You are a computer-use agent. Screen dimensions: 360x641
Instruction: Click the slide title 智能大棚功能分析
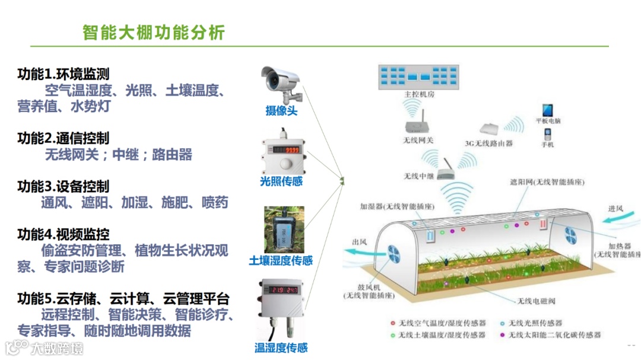154,32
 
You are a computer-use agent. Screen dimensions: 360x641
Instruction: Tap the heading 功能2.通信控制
64,139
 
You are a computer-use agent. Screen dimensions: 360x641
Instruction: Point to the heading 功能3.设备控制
64,187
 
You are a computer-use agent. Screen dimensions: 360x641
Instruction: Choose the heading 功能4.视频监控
64,234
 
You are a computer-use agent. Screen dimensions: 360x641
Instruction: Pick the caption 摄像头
281,110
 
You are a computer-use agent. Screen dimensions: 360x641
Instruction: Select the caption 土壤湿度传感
281,261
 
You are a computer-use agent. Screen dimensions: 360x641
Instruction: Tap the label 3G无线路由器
488,144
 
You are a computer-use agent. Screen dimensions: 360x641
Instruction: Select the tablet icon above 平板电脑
547,110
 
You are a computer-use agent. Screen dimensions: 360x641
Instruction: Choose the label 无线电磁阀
536,301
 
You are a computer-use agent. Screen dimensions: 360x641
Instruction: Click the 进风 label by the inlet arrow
615,209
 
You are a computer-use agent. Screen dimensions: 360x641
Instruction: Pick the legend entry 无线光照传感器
538,323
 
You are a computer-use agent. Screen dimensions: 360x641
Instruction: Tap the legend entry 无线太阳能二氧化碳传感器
556,335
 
